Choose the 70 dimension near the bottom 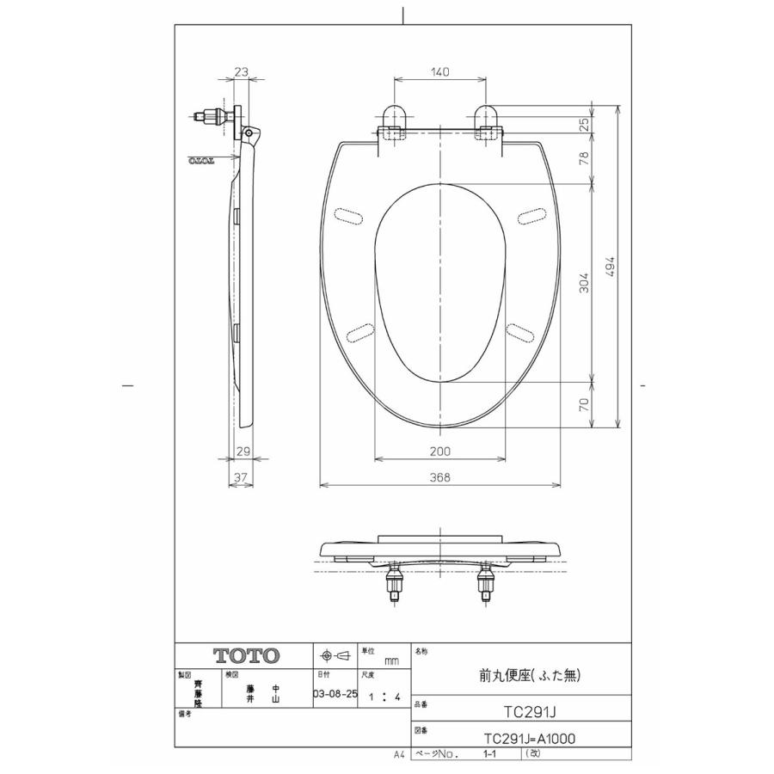pyautogui.click(x=584, y=404)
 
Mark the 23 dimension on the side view pyautogui.click(x=241, y=73)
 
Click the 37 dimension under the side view pyautogui.click(x=242, y=477)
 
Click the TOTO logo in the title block pyautogui.click(x=246, y=655)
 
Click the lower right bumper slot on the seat pyautogui.click(x=522, y=331)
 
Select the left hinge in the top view pyautogui.click(x=391, y=123)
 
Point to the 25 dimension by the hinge pyautogui.click(x=584, y=123)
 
